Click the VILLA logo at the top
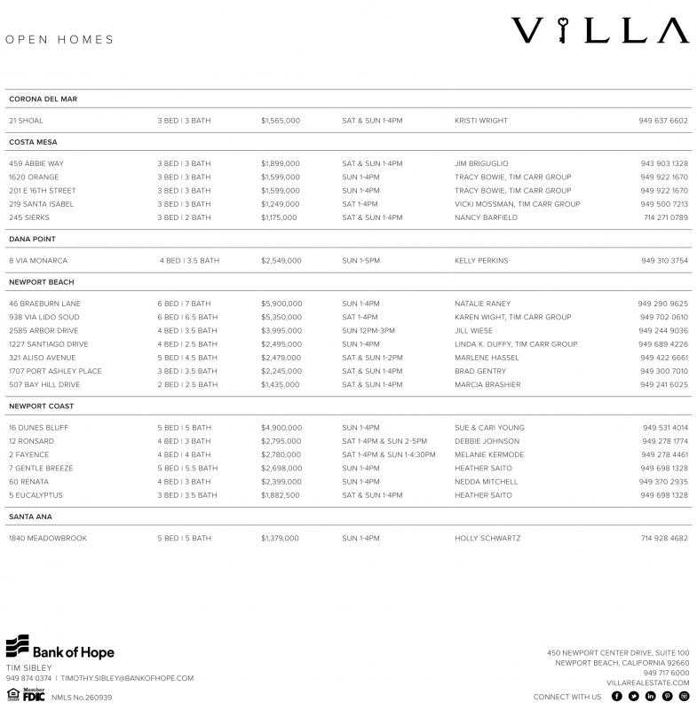point(599,31)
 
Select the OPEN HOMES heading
point(59,40)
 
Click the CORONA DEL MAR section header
point(43,99)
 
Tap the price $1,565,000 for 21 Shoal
point(281,121)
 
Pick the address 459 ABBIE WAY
point(36,163)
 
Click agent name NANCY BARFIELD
point(486,217)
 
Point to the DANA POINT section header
point(33,240)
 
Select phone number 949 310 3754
point(664,261)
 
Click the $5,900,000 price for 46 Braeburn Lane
point(281,304)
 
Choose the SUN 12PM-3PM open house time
point(368,331)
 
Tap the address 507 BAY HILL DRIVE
point(44,385)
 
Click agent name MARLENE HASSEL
point(487,358)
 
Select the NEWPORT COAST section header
point(41,406)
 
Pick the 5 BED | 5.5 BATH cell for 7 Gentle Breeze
point(187,469)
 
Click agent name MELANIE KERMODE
point(489,455)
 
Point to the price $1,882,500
point(281,495)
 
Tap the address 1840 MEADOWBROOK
point(48,539)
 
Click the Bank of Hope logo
point(60,648)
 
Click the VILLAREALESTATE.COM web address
point(648,682)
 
